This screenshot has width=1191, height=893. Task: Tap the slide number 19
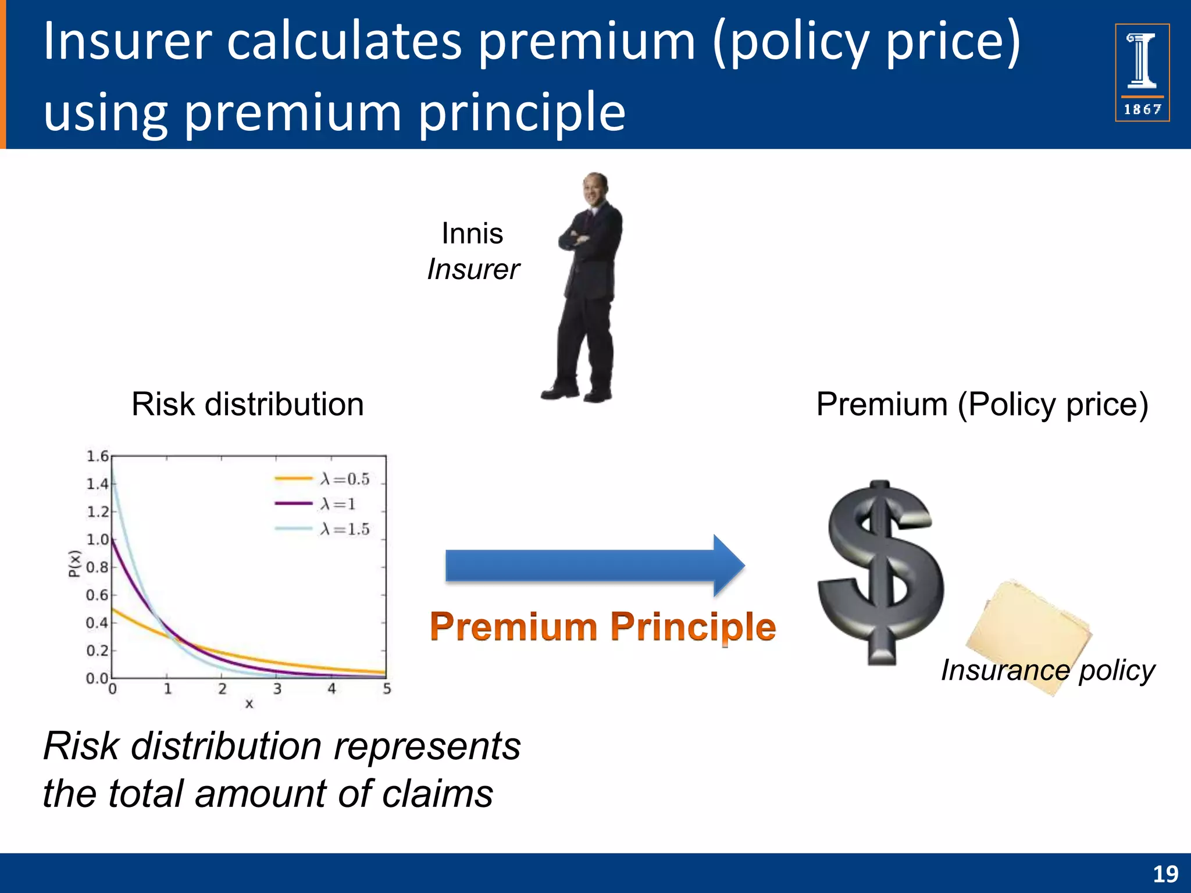pyautogui.click(x=1165, y=874)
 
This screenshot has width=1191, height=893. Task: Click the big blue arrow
pyautogui.click(x=593, y=566)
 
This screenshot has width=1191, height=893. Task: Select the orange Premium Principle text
pyautogui.click(x=602, y=627)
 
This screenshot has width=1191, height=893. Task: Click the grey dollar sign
pyautogui.click(x=881, y=573)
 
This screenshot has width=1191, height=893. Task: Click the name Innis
pyautogui.click(x=472, y=234)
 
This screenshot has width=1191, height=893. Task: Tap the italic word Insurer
pyautogui.click(x=473, y=270)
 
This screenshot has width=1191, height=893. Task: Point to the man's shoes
pyautogui.click(x=576, y=394)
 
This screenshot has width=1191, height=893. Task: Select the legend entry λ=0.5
pyautogui.click(x=323, y=479)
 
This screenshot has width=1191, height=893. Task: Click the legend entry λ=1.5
pyautogui.click(x=323, y=529)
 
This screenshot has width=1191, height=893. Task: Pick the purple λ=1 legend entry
pyautogui.click(x=317, y=504)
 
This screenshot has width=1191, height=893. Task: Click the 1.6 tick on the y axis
pyautogui.click(x=97, y=456)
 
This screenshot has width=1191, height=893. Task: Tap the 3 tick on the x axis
pyautogui.click(x=277, y=690)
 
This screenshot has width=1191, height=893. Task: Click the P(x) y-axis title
pyautogui.click(x=74, y=563)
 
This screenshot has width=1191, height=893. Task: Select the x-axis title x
pyautogui.click(x=249, y=704)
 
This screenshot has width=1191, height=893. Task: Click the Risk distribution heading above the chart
pyautogui.click(x=248, y=405)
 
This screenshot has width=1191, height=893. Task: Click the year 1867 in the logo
pyautogui.click(x=1142, y=109)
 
